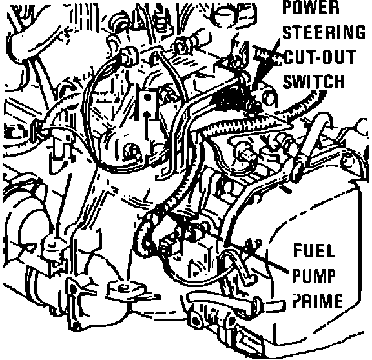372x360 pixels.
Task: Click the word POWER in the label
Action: tap(311, 7)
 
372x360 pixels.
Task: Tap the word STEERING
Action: tap(324, 32)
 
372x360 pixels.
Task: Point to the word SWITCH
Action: tap(314, 82)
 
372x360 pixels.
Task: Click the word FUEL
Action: tap(315, 251)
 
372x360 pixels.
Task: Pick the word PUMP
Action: tap(314, 275)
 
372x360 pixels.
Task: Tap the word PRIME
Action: tap(318, 301)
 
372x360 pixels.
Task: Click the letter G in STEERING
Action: tap(359, 32)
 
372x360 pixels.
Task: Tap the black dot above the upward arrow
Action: tap(147, 97)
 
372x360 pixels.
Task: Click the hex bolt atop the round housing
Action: tap(129, 56)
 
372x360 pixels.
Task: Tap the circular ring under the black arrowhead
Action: tap(269, 98)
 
